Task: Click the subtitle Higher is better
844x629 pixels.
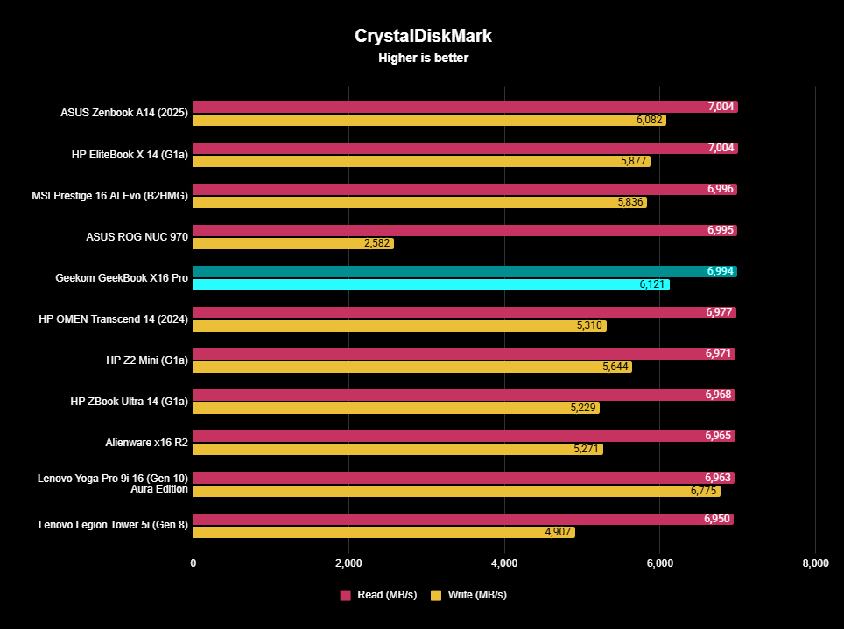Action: [424, 59]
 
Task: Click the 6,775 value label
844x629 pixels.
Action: [703, 491]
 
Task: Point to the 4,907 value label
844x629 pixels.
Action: [558, 532]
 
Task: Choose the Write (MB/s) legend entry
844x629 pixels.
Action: [469, 595]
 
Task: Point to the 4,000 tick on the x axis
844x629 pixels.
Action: [504, 563]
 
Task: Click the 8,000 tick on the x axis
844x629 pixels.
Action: [814, 563]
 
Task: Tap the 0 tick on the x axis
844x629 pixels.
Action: [193, 563]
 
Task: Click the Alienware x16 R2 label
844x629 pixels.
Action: [146, 443]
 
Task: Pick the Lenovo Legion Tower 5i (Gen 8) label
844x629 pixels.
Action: [113, 525]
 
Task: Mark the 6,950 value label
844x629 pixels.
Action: [717, 519]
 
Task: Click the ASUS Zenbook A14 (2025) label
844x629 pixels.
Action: [123, 113]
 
